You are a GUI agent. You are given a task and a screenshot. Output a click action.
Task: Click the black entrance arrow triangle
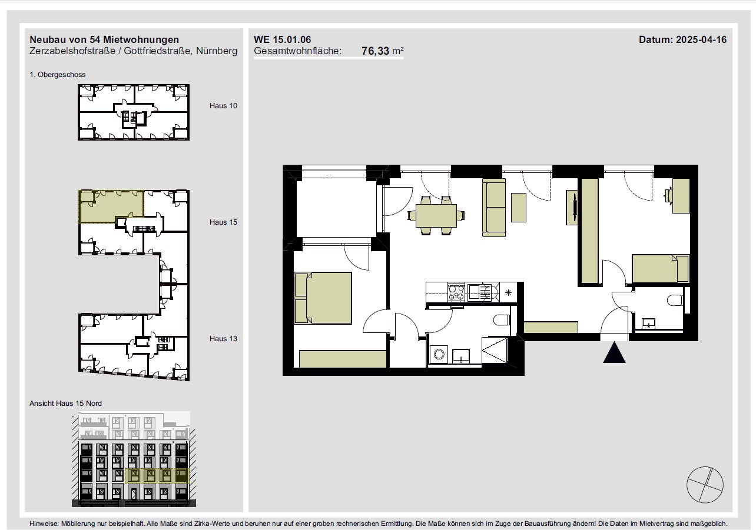coord(614,353)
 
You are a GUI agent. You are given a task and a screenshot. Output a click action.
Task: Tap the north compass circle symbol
coord(705,485)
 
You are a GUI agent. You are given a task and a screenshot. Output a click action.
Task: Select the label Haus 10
coord(223,105)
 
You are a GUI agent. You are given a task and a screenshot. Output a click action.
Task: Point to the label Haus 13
coord(223,338)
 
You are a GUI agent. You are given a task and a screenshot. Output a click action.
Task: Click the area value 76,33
coord(375,51)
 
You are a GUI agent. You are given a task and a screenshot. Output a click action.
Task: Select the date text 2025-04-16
coord(701,39)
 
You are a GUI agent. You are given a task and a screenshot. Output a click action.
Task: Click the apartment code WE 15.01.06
coord(282,39)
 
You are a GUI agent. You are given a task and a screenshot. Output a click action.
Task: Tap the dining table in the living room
coord(436,215)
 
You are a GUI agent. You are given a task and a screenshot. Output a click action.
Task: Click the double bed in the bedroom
coord(323,298)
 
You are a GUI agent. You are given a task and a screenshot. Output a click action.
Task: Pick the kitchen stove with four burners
coord(456,292)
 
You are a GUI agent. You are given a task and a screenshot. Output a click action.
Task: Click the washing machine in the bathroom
coord(439,354)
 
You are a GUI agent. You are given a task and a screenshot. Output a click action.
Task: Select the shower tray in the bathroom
coord(495,351)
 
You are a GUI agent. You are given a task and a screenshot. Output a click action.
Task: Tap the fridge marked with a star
coord(508,292)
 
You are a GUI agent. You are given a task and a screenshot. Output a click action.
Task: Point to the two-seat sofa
coord(494,208)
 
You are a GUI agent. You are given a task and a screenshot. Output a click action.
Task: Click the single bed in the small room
coord(660,269)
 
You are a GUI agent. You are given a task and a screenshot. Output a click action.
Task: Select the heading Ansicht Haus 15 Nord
coord(65,403)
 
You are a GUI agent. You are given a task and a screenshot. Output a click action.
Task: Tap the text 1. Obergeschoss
coord(57,75)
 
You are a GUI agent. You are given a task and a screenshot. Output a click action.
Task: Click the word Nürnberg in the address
coord(217,51)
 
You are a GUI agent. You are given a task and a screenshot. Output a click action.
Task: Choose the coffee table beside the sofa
coord(518,207)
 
